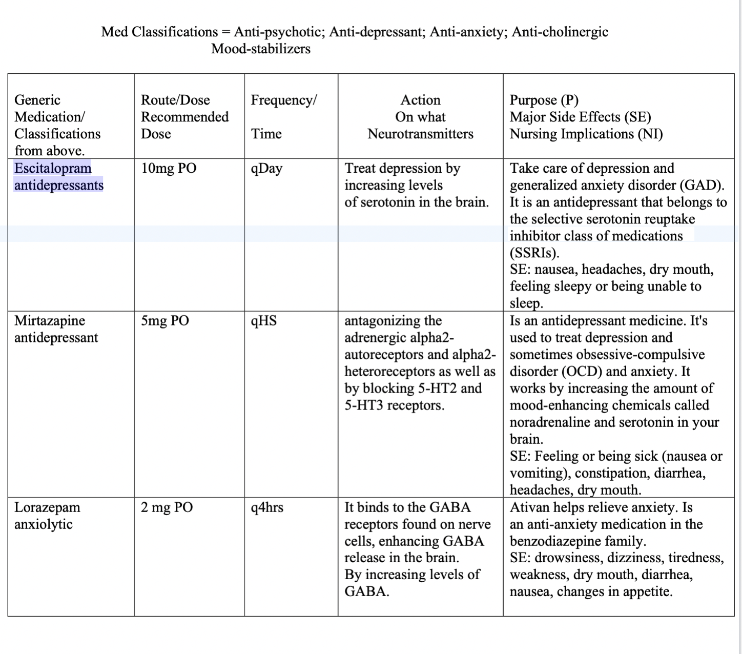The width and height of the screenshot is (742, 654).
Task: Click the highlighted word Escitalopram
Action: [53, 168]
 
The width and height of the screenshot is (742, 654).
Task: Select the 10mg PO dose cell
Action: [169, 168]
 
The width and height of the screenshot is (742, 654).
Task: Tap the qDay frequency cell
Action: [266, 169]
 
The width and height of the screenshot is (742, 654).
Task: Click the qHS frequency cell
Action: [264, 321]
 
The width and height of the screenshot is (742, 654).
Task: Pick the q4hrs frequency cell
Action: [267, 507]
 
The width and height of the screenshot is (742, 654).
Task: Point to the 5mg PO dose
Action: [165, 321]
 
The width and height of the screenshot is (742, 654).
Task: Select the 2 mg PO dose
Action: [167, 507]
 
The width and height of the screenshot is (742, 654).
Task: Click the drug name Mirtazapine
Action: [50, 321]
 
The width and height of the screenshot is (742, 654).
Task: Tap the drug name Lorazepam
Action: [47, 507]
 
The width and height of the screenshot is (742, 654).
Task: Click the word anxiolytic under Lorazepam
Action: [44, 524]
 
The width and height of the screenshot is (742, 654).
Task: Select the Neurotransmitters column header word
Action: [420, 134]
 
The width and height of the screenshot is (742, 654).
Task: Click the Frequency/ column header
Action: [284, 100]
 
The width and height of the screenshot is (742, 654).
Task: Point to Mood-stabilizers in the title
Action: [261, 49]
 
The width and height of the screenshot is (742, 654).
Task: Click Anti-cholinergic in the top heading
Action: [560, 32]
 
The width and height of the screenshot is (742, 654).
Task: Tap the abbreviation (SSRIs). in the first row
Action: [534, 253]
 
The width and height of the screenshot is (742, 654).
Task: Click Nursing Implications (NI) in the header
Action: [586, 134]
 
